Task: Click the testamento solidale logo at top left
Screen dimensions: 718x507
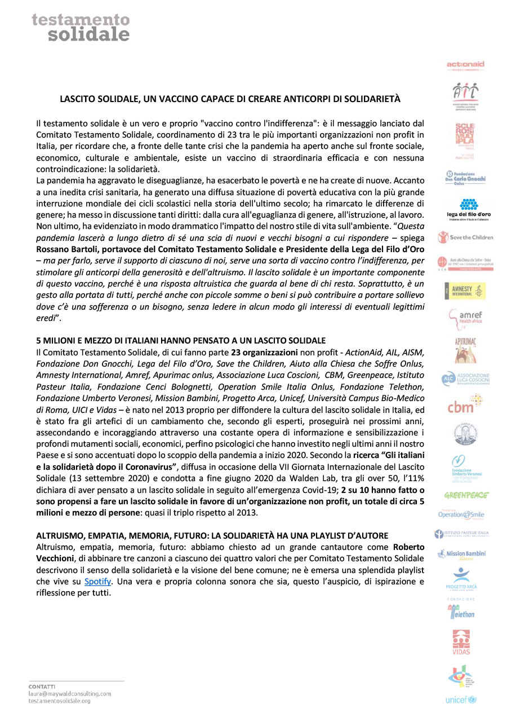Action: point(81,27)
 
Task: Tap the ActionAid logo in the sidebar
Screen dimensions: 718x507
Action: point(465,65)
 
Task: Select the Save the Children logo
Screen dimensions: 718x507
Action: point(465,237)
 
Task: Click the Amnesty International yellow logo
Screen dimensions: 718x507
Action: point(465,290)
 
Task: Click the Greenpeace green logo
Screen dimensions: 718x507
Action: point(466,495)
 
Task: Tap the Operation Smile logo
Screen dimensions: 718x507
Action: point(461,514)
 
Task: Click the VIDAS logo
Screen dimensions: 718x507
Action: point(461,642)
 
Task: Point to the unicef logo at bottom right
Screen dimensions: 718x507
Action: point(461,700)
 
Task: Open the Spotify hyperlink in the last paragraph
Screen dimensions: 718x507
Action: point(97,582)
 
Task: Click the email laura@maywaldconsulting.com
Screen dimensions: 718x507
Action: point(70,693)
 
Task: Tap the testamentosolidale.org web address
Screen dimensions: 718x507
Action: point(59,701)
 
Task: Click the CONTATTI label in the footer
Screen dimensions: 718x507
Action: point(41,686)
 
